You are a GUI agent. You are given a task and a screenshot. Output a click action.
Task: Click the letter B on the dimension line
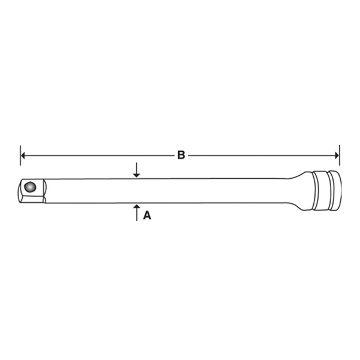click(181, 155)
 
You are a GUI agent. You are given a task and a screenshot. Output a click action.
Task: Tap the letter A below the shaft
click(147, 215)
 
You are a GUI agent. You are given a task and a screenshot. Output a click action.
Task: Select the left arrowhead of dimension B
click(23, 155)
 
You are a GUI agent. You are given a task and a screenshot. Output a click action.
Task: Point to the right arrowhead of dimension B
click(337, 155)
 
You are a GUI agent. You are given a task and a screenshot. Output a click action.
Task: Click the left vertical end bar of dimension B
click(20, 155)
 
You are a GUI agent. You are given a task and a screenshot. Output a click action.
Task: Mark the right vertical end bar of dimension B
click(340, 155)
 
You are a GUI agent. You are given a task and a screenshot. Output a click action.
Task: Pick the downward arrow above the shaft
click(137, 170)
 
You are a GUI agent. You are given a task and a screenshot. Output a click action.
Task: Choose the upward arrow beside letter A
click(137, 212)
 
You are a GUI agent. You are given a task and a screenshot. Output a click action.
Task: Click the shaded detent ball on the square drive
click(31, 187)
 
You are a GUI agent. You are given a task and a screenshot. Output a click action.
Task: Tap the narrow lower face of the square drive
click(32, 200)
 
